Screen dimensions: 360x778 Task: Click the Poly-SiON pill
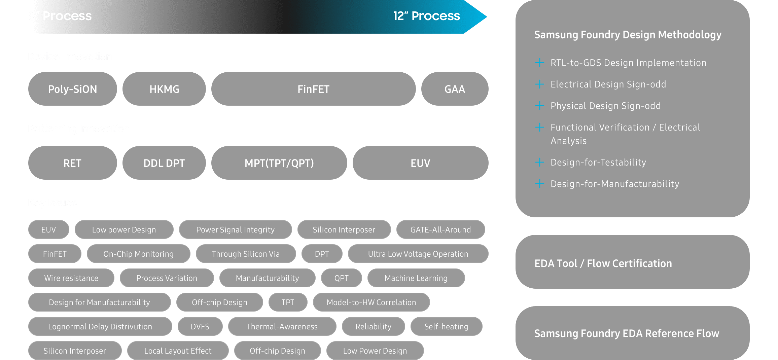tap(72, 89)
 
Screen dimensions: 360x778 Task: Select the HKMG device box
tap(164, 89)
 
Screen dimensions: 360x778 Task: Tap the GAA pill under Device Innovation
tap(455, 89)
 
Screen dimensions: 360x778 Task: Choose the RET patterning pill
tap(72, 163)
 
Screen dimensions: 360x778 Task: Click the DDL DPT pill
tap(164, 163)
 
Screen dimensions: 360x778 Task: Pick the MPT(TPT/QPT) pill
tap(279, 163)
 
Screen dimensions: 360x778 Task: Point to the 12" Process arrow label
tap(426, 16)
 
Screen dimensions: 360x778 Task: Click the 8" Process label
tap(60, 16)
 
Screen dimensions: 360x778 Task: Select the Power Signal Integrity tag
tap(235, 230)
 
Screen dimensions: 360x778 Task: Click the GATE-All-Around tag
tap(440, 230)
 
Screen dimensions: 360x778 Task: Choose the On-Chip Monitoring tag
tap(138, 254)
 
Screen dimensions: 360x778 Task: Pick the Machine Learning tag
tap(416, 278)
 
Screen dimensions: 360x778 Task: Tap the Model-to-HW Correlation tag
tap(371, 302)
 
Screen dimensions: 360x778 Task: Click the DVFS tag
tap(200, 327)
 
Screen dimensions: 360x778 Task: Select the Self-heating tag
tap(446, 327)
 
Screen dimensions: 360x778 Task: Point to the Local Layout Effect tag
tap(178, 351)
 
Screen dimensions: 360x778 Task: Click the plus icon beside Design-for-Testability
tap(539, 162)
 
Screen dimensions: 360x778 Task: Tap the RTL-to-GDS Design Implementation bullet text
tap(628, 63)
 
